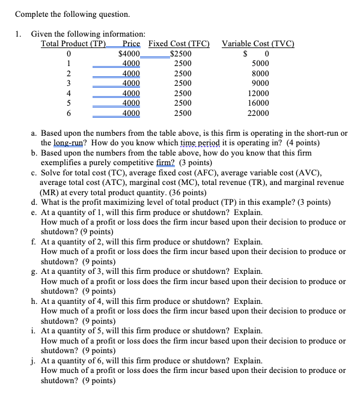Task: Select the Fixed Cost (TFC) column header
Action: pyautogui.click(x=178, y=43)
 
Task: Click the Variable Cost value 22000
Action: pyautogui.click(x=258, y=113)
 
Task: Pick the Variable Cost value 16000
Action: pyautogui.click(x=258, y=103)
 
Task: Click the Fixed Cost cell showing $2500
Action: pyautogui.click(x=181, y=53)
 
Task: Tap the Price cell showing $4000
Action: pyautogui.click(x=130, y=53)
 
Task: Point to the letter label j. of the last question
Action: pyautogui.click(x=35, y=361)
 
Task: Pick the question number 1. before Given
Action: pyautogui.click(x=19, y=34)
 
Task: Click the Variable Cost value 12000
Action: pyautogui.click(x=258, y=93)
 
